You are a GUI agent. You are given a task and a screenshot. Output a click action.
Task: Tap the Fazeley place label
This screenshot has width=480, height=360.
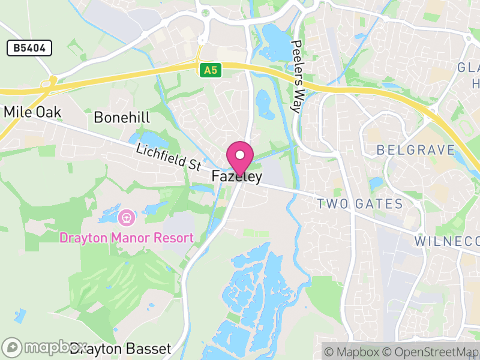237,177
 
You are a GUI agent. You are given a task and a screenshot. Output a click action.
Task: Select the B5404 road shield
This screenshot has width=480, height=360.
29,49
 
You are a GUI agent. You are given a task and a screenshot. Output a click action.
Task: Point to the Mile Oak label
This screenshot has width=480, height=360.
32,112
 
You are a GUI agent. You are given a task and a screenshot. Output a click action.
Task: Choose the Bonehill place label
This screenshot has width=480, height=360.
122,117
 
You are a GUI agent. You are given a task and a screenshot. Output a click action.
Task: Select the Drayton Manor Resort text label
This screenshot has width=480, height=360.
127,238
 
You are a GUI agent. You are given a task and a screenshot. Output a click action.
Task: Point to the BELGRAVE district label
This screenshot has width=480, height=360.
416,150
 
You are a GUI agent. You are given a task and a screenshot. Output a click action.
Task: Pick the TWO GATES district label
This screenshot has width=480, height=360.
360,204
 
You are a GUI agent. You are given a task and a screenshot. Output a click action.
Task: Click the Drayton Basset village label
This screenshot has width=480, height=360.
120,348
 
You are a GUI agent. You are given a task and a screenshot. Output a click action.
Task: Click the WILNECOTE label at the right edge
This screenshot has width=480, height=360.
448,241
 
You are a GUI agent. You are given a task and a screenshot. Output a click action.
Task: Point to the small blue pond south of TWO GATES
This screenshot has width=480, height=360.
376,182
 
